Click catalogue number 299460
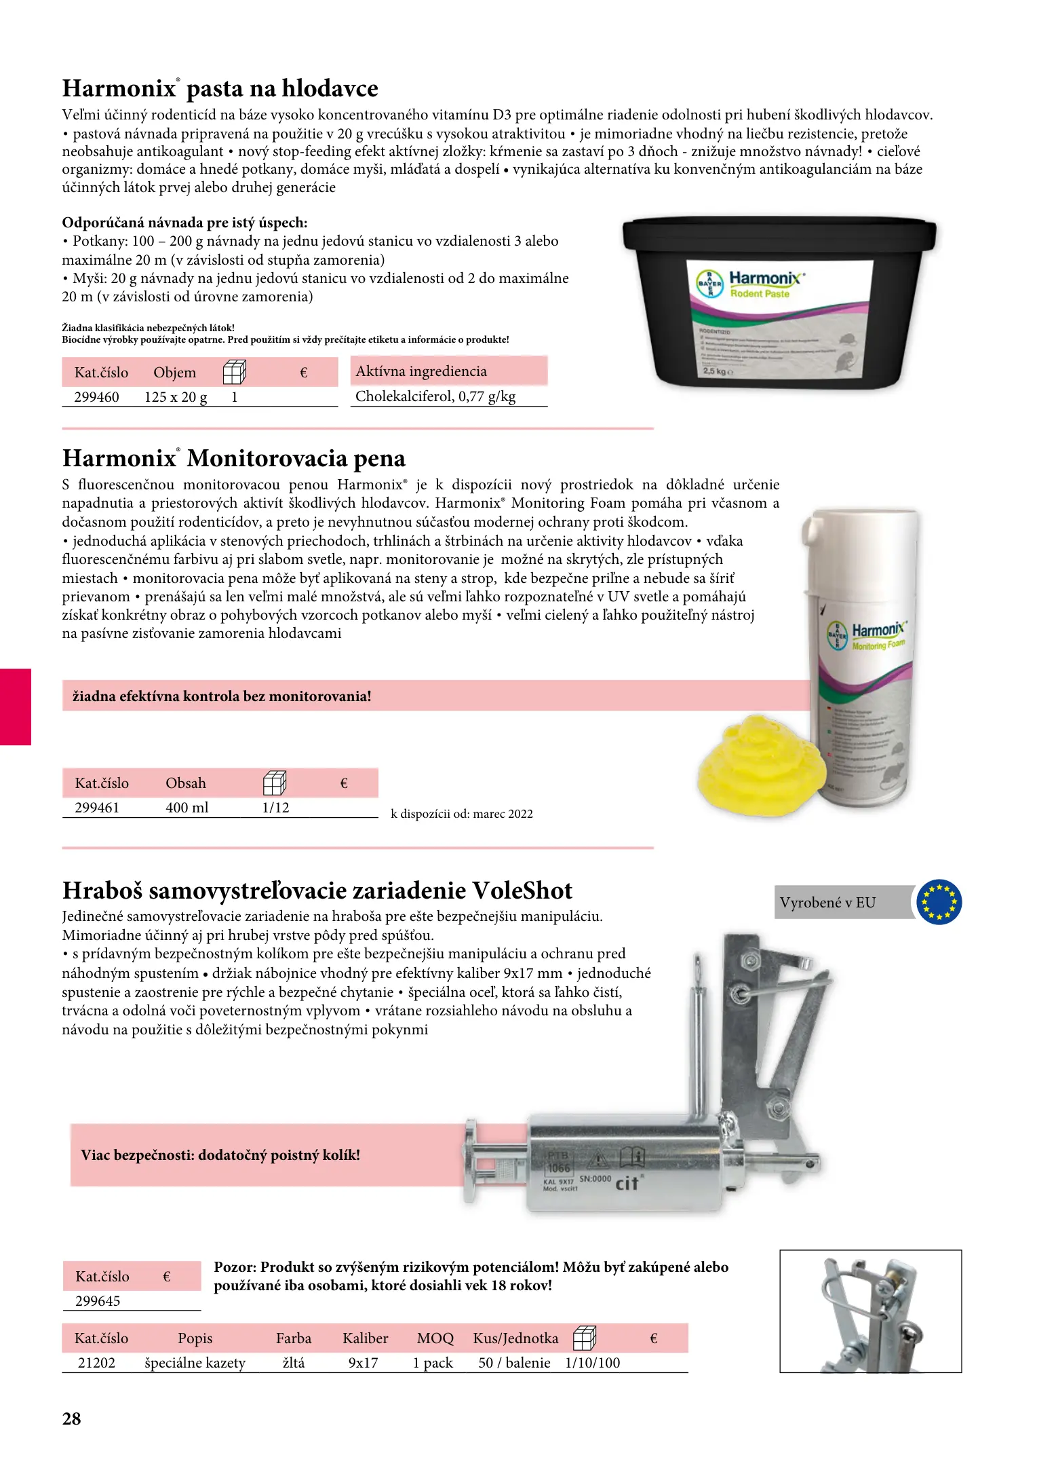96,397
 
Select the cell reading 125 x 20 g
176,397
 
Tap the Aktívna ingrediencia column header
421,371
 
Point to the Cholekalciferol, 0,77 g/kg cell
435,396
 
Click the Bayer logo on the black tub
710,284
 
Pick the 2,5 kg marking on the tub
715,371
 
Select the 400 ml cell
187,808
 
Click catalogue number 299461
97,808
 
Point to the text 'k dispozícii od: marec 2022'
462,814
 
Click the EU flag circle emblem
939,902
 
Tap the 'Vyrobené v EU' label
827,903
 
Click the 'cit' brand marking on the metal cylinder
627,1184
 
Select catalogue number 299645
98,1301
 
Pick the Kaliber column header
366,1338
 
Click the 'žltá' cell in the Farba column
294,1363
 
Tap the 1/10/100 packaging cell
593,1363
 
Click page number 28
72,1419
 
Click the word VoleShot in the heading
522,890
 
